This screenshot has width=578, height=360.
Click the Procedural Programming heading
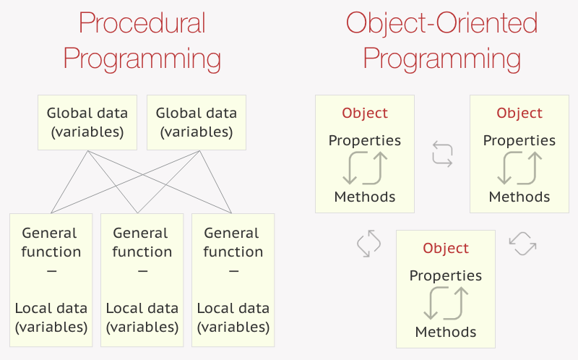coord(142,40)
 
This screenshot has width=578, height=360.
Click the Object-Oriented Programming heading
coord(441,40)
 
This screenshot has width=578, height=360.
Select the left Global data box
coord(87,122)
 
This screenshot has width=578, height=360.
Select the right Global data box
coord(196,122)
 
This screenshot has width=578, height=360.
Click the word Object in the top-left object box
coord(365,113)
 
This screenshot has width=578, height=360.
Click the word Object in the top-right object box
coord(519,113)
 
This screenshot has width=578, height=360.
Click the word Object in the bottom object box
coord(446,249)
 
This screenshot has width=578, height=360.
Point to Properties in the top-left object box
coord(365,140)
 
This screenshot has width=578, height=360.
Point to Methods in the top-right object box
coord(519,197)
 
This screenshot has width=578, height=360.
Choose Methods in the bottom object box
coord(446,332)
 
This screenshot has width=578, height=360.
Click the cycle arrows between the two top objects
coord(442,155)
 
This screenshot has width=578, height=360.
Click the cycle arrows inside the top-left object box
coord(365,168)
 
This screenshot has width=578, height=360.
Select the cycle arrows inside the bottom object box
coord(446,304)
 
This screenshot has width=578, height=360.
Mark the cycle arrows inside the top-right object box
coord(519,168)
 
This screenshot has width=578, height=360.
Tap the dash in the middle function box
coord(142,271)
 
